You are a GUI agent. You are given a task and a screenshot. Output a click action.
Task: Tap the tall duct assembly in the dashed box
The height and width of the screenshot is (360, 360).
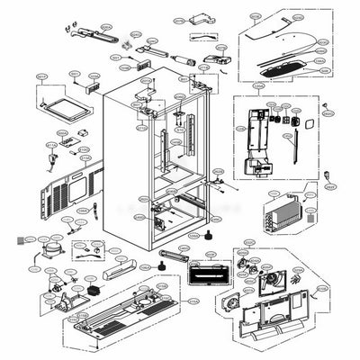click(258, 143)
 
